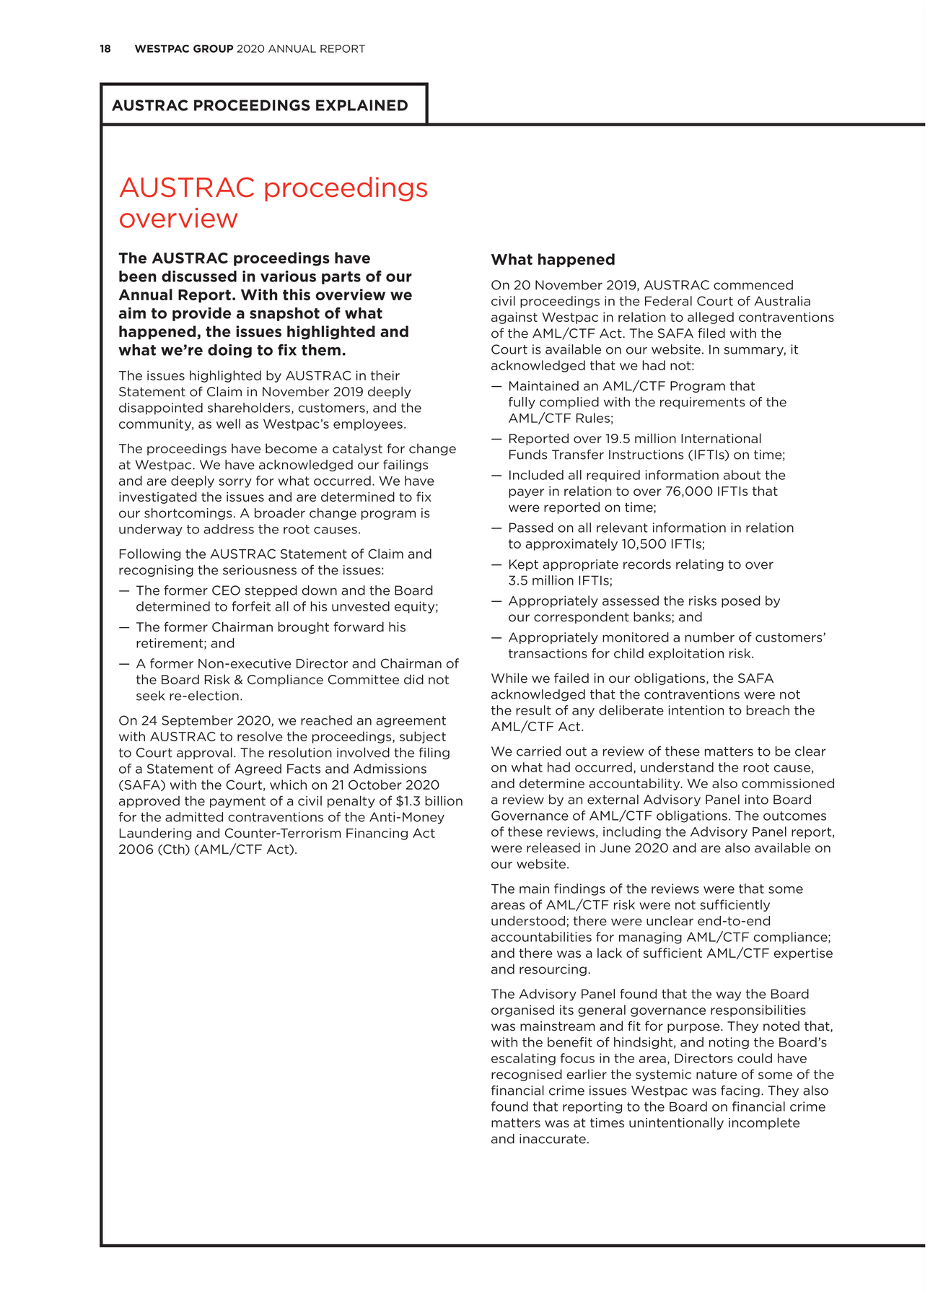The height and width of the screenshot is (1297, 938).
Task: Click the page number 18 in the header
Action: [105, 49]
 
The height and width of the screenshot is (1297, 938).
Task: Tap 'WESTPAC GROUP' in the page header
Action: [184, 49]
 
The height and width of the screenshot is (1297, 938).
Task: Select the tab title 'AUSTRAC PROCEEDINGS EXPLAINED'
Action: [260, 105]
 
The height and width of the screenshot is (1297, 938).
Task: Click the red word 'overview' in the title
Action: [178, 219]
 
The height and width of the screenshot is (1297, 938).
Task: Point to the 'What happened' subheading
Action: [553, 260]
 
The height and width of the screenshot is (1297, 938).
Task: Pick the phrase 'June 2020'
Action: [697, 848]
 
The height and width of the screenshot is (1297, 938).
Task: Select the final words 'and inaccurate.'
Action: [540, 1140]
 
